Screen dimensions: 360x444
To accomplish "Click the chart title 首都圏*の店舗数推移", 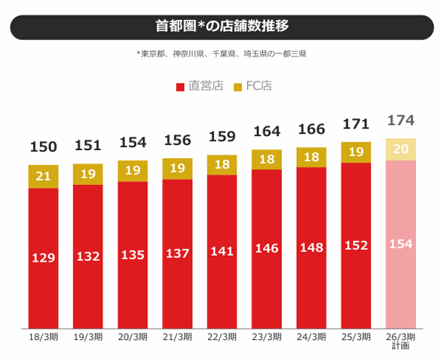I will pos(222,27).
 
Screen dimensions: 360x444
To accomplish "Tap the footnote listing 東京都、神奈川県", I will pos(222,54).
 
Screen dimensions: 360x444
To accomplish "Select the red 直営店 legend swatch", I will pos(180,86).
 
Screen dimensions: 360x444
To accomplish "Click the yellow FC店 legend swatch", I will pos(238,86).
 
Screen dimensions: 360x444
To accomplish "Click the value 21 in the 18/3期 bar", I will pos(43,176).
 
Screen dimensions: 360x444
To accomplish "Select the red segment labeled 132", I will pos(88,256).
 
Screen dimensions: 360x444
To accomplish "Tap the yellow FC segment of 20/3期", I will pos(132,171).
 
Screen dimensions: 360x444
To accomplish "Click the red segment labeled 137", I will pos(178,254).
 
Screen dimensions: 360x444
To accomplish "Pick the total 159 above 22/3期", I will pos(222,138).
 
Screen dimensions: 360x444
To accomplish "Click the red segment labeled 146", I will pos(266,248).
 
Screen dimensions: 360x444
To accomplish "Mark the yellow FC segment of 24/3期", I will pos(312,157).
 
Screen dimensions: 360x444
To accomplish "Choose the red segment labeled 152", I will pos(356,245).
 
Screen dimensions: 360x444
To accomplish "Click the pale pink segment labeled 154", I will pos(400,244).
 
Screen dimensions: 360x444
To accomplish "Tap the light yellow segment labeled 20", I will pos(400,149).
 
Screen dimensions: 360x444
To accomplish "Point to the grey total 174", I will pos(400,120).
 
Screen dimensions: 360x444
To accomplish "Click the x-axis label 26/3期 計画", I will pos(400,341).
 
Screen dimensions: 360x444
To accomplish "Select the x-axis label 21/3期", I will pos(178,337).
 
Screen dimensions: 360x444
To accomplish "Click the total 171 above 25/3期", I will pos(356,123).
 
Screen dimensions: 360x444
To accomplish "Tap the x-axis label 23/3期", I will pos(266,337).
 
